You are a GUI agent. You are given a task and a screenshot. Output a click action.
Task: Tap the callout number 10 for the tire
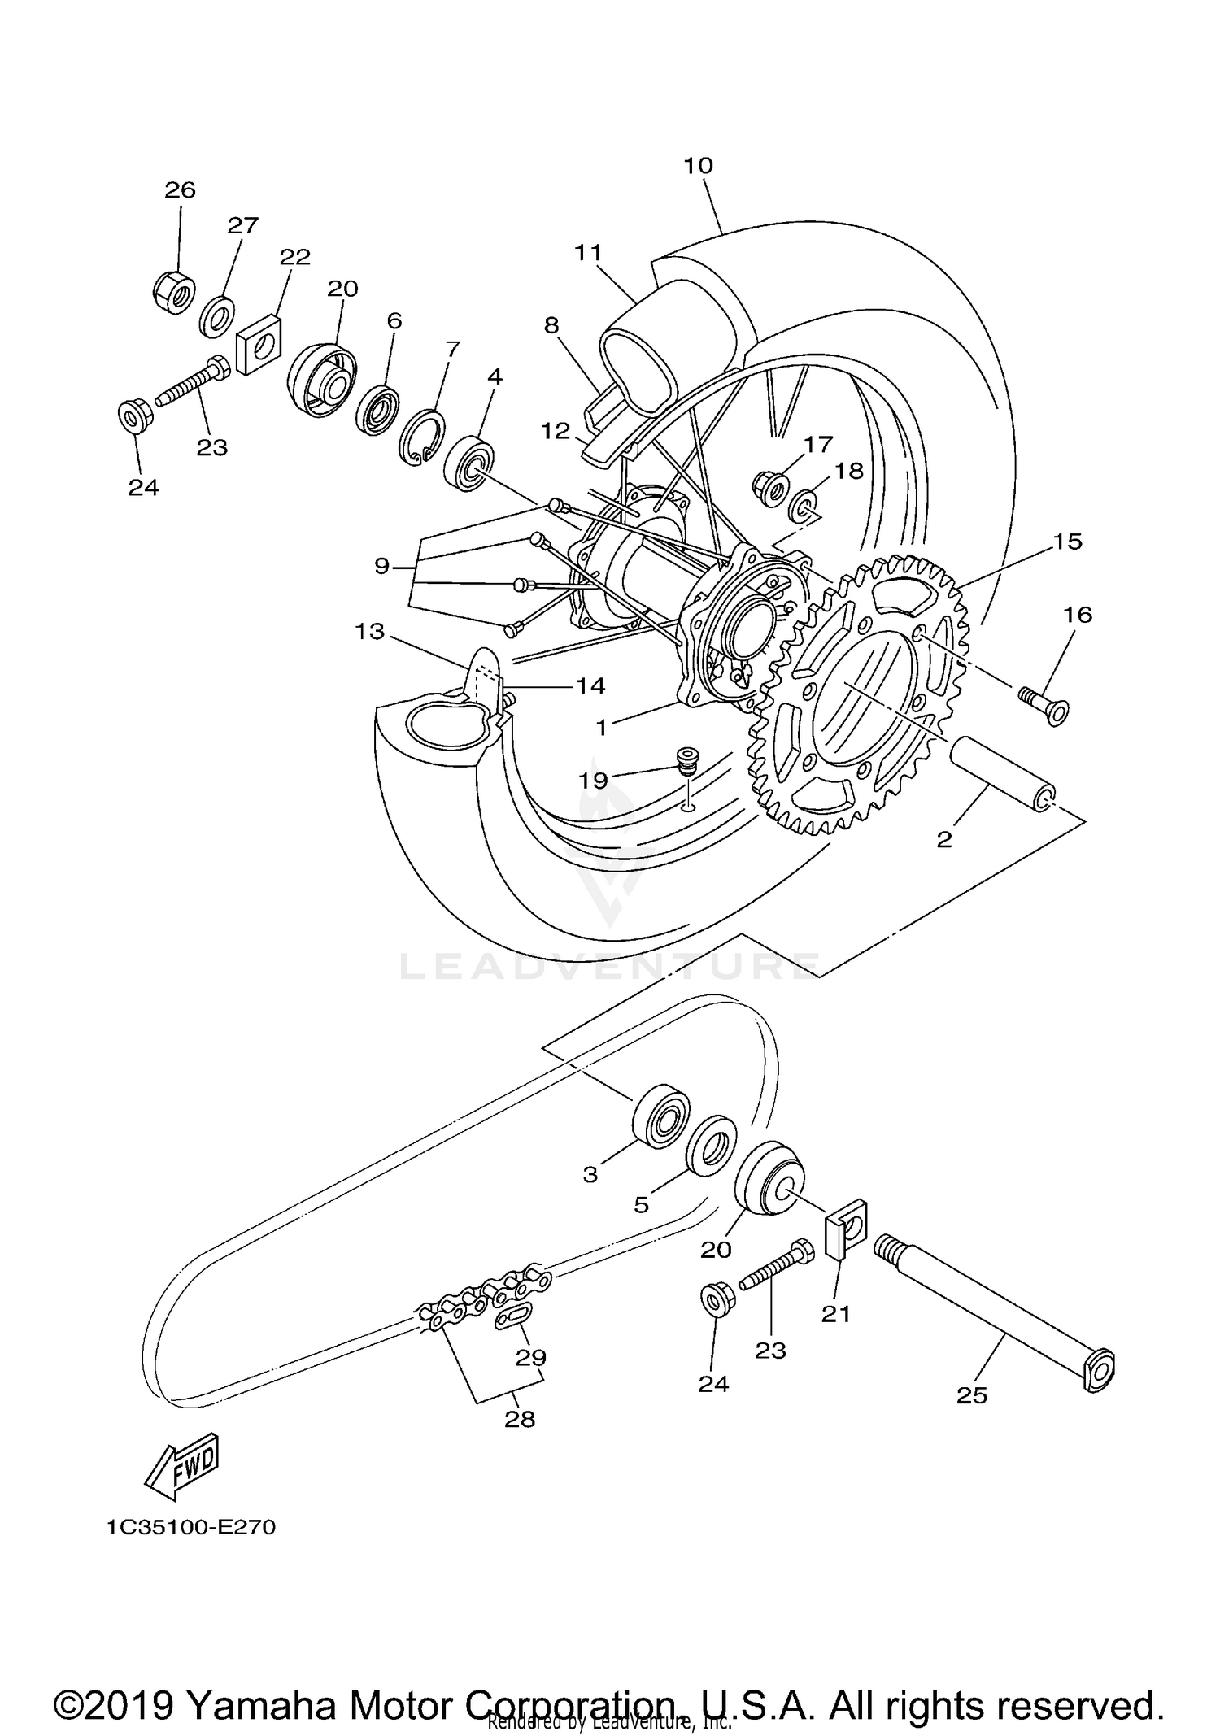(698, 166)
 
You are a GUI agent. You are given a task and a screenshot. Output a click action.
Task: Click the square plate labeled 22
(259, 344)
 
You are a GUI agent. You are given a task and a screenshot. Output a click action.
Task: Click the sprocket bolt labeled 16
(1045, 704)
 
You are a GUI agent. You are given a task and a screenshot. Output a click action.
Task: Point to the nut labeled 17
(772, 489)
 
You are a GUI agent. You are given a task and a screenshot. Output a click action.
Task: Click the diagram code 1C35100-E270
(191, 1527)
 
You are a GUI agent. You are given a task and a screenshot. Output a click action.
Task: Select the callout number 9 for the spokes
(382, 566)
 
